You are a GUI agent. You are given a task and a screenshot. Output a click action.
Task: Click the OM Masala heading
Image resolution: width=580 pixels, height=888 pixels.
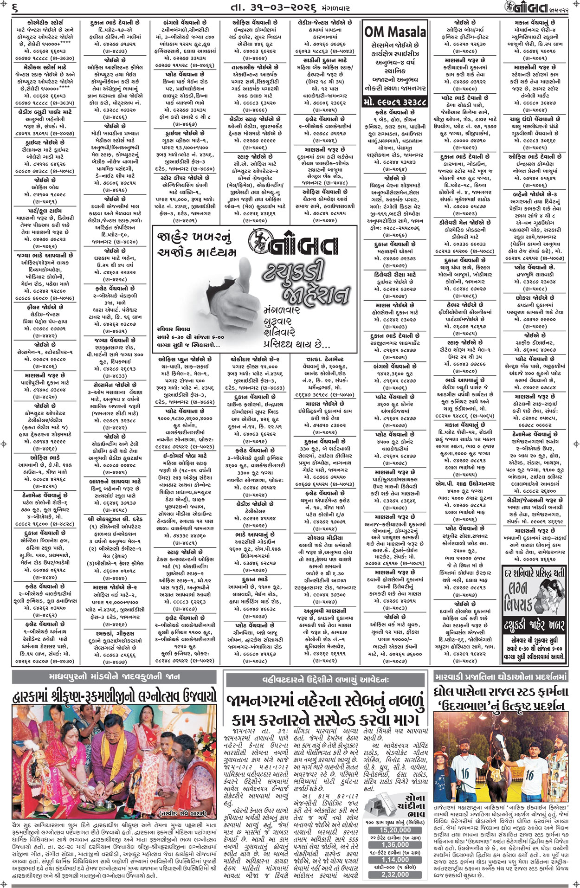tap(395, 32)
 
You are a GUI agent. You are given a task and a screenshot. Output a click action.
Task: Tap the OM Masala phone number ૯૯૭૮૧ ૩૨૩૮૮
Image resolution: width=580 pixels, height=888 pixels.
tap(395, 102)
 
